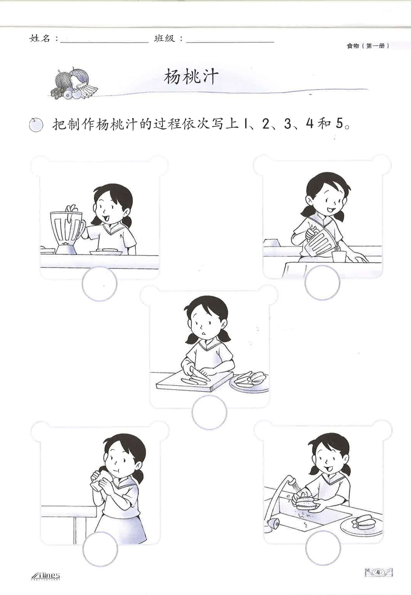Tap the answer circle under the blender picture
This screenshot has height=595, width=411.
pyautogui.click(x=99, y=283)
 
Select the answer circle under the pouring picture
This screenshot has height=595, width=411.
pyautogui.click(x=322, y=283)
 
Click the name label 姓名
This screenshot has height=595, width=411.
pyautogui.click(x=40, y=39)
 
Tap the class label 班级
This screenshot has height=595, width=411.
pyautogui.click(x=165, y=39)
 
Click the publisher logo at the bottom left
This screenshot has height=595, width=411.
pyautogui.click(x=46, y=575)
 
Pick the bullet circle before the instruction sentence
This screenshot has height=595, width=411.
pyautogui.click(x=36, y=125)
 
